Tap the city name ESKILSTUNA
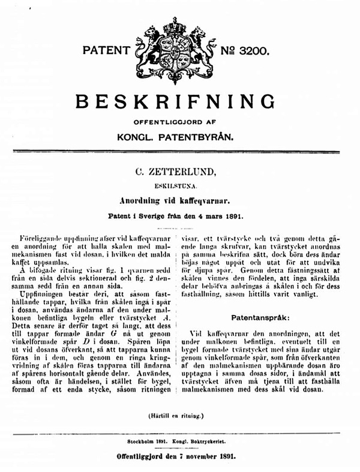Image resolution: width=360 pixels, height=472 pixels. [x=179, y=187]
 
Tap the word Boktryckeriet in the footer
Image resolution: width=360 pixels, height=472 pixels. [x=214, y=441]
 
